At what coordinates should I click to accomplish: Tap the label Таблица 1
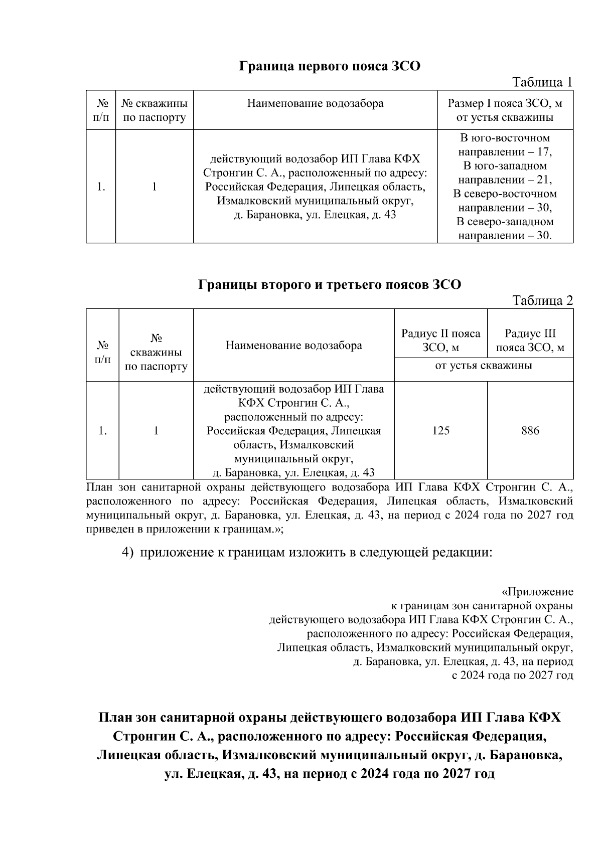(x=542, y=82)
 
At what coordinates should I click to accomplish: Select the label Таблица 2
(x=542, y=300)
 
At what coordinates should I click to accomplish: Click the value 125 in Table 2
(x=440, y=431)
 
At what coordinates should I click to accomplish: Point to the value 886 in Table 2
(x=530, y=431)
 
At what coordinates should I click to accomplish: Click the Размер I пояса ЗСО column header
(x=505, y=111)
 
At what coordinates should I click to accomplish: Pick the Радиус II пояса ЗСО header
(x=440, y=341)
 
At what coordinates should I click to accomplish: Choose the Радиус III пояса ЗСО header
(x=530, y=341)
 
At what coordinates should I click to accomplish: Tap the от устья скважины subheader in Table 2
(x=484, y=366)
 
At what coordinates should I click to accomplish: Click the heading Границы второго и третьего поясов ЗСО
(x=329, y=285)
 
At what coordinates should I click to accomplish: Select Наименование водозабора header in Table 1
(x=315, y=104)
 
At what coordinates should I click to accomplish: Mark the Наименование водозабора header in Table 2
(x=293, y=346)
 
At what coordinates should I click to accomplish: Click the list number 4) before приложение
(x=128, y=553)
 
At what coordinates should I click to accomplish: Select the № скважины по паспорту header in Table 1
(x=155, y=111)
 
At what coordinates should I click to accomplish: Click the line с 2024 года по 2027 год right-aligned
(x=512, y=675)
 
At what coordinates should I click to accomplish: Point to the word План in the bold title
(x=115, y=718)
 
